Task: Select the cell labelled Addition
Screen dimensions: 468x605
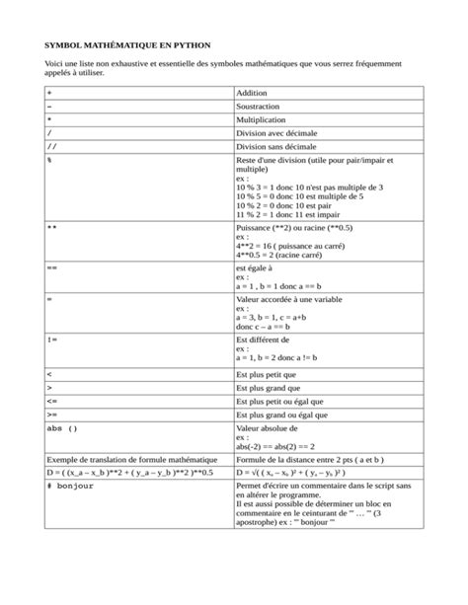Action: (252, 92)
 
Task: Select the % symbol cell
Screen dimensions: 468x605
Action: (49, 158)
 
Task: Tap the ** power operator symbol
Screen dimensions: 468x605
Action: (52, 227)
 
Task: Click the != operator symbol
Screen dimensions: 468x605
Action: (52, 340)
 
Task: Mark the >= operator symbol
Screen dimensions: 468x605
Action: (51, 416)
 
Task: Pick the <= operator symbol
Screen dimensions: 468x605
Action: (51, 402)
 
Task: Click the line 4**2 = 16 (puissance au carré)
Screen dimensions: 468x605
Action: (299, 246)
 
